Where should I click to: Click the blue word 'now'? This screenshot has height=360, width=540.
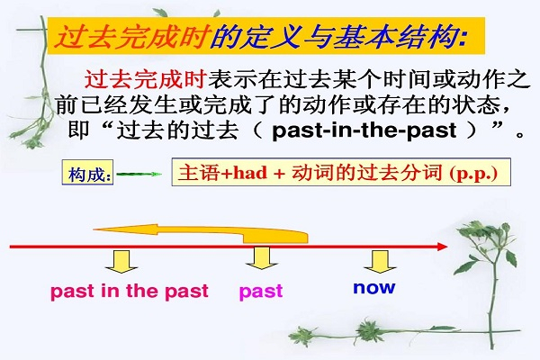tap(374, 287)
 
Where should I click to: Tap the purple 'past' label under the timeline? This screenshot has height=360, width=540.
tap(261, 292)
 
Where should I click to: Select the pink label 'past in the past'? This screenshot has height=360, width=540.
tap(130, 292)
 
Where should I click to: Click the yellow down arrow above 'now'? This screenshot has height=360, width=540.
tap(380, 262)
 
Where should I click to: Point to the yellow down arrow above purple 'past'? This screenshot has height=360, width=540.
tap(262, 258)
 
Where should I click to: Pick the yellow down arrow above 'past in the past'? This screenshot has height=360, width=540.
tap(121, 262)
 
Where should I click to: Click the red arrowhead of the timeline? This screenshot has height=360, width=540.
tap(443, 247)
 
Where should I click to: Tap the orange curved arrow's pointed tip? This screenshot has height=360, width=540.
tap(94, 229)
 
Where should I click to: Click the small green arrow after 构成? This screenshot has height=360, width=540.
tap(139, 174)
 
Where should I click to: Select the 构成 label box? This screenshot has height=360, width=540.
tap(87, 172)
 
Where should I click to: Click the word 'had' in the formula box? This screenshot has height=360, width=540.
tap(250, 172)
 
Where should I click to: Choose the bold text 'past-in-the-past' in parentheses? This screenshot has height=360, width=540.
tap(364, 130)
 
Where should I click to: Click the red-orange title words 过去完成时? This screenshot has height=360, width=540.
tap(132, 37)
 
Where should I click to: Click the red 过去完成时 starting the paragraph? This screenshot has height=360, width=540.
tap(146, 79)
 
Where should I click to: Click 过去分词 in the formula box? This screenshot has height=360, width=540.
tap(400, 172)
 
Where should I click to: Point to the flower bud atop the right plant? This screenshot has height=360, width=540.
tap(505, 227)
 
